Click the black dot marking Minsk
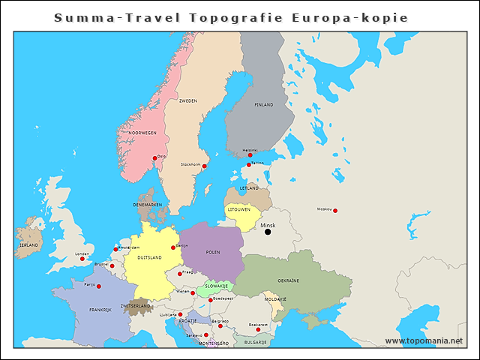pos(268,232)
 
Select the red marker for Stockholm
pos(204,166)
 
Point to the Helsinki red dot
pos(250,155)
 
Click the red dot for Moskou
pos(335,211)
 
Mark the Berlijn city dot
pos(173,247)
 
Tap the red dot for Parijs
pos(97,285)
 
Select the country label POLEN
pos(213,253)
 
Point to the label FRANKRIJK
pos(100,310)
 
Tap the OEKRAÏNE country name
pos(288,280)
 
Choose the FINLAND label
pos(264,105)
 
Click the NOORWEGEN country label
pos(142,133)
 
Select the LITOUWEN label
pos(238,209)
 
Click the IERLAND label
pos(28,245)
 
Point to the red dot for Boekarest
pos(257,329)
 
